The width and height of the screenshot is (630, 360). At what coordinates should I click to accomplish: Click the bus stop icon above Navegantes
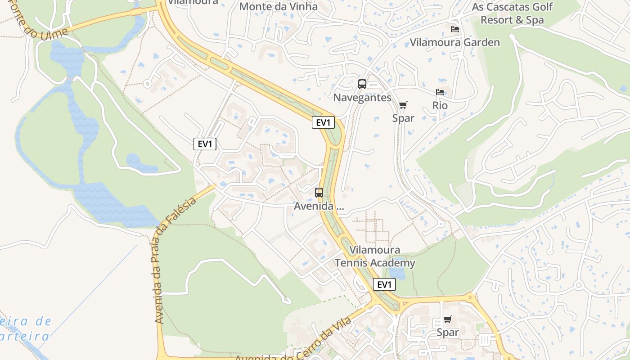click(x=362, y=84)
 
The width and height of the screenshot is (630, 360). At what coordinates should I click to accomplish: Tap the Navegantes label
click(x=362, y=97)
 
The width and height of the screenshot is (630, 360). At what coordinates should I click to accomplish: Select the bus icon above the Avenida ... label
click(x=319, y=193)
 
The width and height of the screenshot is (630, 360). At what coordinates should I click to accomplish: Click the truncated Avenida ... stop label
click(x=319, y=207)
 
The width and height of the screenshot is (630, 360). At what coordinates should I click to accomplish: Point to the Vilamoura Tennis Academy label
click(x=375, y=256)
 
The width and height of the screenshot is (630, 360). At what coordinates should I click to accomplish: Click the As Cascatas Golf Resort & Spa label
click(x=512, y=13)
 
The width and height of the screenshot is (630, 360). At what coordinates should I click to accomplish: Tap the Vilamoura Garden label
click(x=454, y=42)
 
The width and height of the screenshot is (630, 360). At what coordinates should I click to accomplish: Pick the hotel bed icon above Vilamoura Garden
click(x=455, y=29)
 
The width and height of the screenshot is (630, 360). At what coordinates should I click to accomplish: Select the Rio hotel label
click(x=440, y=105)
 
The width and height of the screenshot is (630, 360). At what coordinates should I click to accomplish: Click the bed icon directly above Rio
click(x=440, y=92)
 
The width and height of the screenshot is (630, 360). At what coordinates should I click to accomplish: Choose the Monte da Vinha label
click(x=278, y=7)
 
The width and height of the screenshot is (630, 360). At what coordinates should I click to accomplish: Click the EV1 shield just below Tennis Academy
click(x=384, y=284)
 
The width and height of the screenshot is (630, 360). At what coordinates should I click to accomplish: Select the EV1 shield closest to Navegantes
click(x=323, y=122)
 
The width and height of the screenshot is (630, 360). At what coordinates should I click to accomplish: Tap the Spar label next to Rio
click(x=403, y=118)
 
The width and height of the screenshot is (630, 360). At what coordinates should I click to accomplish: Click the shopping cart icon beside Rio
click(x=403, y=105)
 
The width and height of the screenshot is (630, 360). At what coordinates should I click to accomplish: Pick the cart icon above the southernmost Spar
click(x=448, y=319)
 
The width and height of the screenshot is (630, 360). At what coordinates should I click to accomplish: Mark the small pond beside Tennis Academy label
click(x=396, y=273)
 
